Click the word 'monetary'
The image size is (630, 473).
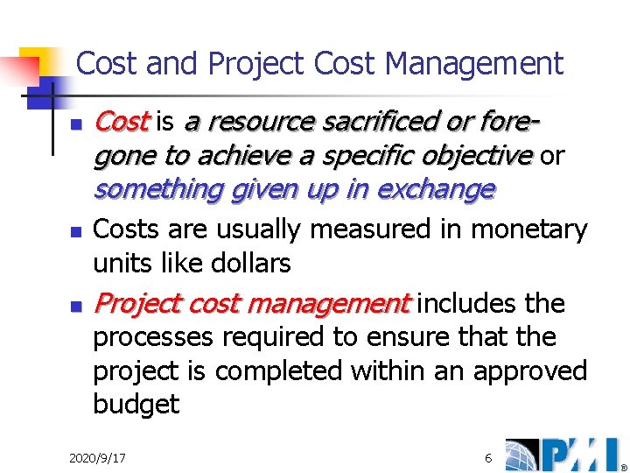[529, 229]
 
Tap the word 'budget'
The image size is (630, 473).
[136, 405]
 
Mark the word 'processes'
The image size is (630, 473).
[153, 337]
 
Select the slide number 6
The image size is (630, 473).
[488, 458]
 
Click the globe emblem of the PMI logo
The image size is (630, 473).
[522, 454]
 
